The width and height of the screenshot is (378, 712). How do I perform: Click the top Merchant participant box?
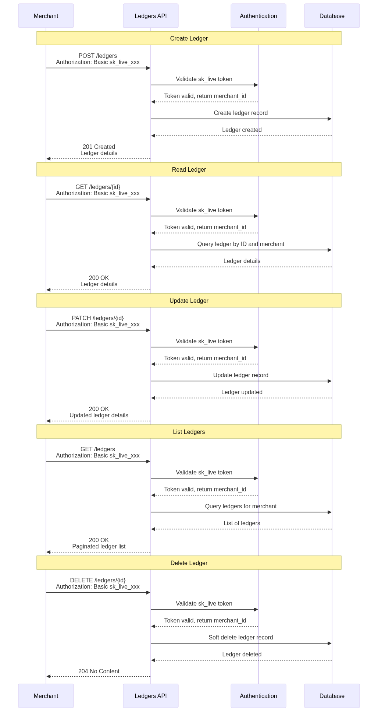click(x=46, y=16)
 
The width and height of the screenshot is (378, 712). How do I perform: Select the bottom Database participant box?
click(x=332, y=696)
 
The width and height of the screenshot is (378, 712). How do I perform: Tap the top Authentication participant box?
click(x=258, y=16)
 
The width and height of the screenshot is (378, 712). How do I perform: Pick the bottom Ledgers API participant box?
click(x=151, y=696)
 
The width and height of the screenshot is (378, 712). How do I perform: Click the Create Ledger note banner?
click(x=189, y=38)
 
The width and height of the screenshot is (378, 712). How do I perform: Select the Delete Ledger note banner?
click(x=189, y=563)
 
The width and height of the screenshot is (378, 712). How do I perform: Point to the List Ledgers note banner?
click(x=189, y=432)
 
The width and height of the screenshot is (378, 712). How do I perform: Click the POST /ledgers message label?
click(x=98, y=56)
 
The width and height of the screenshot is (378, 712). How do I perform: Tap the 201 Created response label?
click(x=99, y=147)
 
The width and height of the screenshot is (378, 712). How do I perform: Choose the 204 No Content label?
click(x=99, y=671)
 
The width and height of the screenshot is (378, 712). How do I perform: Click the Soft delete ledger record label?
click(x=241, y=638)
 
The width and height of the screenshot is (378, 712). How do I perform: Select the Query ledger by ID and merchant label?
click(x=241, y=244)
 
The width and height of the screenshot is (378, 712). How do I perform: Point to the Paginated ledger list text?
click(x=99, y=547)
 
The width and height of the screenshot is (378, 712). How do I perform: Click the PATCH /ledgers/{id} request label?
click(x=98, y=318)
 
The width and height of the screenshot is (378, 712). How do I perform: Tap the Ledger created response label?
click(x=242, y=130)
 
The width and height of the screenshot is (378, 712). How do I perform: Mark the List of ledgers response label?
click(x=242, y=523)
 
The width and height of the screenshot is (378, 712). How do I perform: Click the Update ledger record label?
click(x=241, y=375)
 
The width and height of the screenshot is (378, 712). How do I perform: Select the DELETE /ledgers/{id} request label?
click(x=98, y=581)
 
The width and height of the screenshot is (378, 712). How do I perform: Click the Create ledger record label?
click(x=241, y=113)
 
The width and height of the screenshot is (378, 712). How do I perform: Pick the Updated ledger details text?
click(x=99, y=415)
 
